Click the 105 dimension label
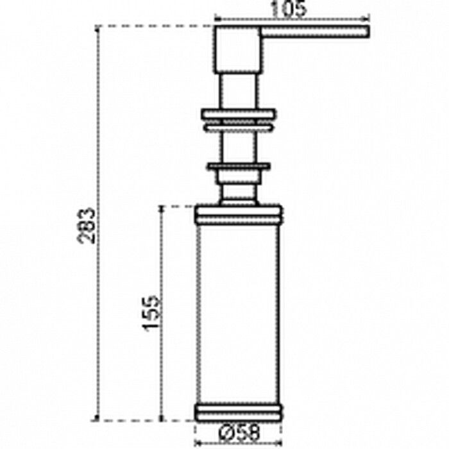289,8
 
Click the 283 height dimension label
86,226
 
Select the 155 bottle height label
151,314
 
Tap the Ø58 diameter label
239,432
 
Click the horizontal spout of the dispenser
315,31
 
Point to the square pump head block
237,49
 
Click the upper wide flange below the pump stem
239,114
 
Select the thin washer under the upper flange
239,128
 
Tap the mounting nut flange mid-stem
239,166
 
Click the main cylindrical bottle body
238,314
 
